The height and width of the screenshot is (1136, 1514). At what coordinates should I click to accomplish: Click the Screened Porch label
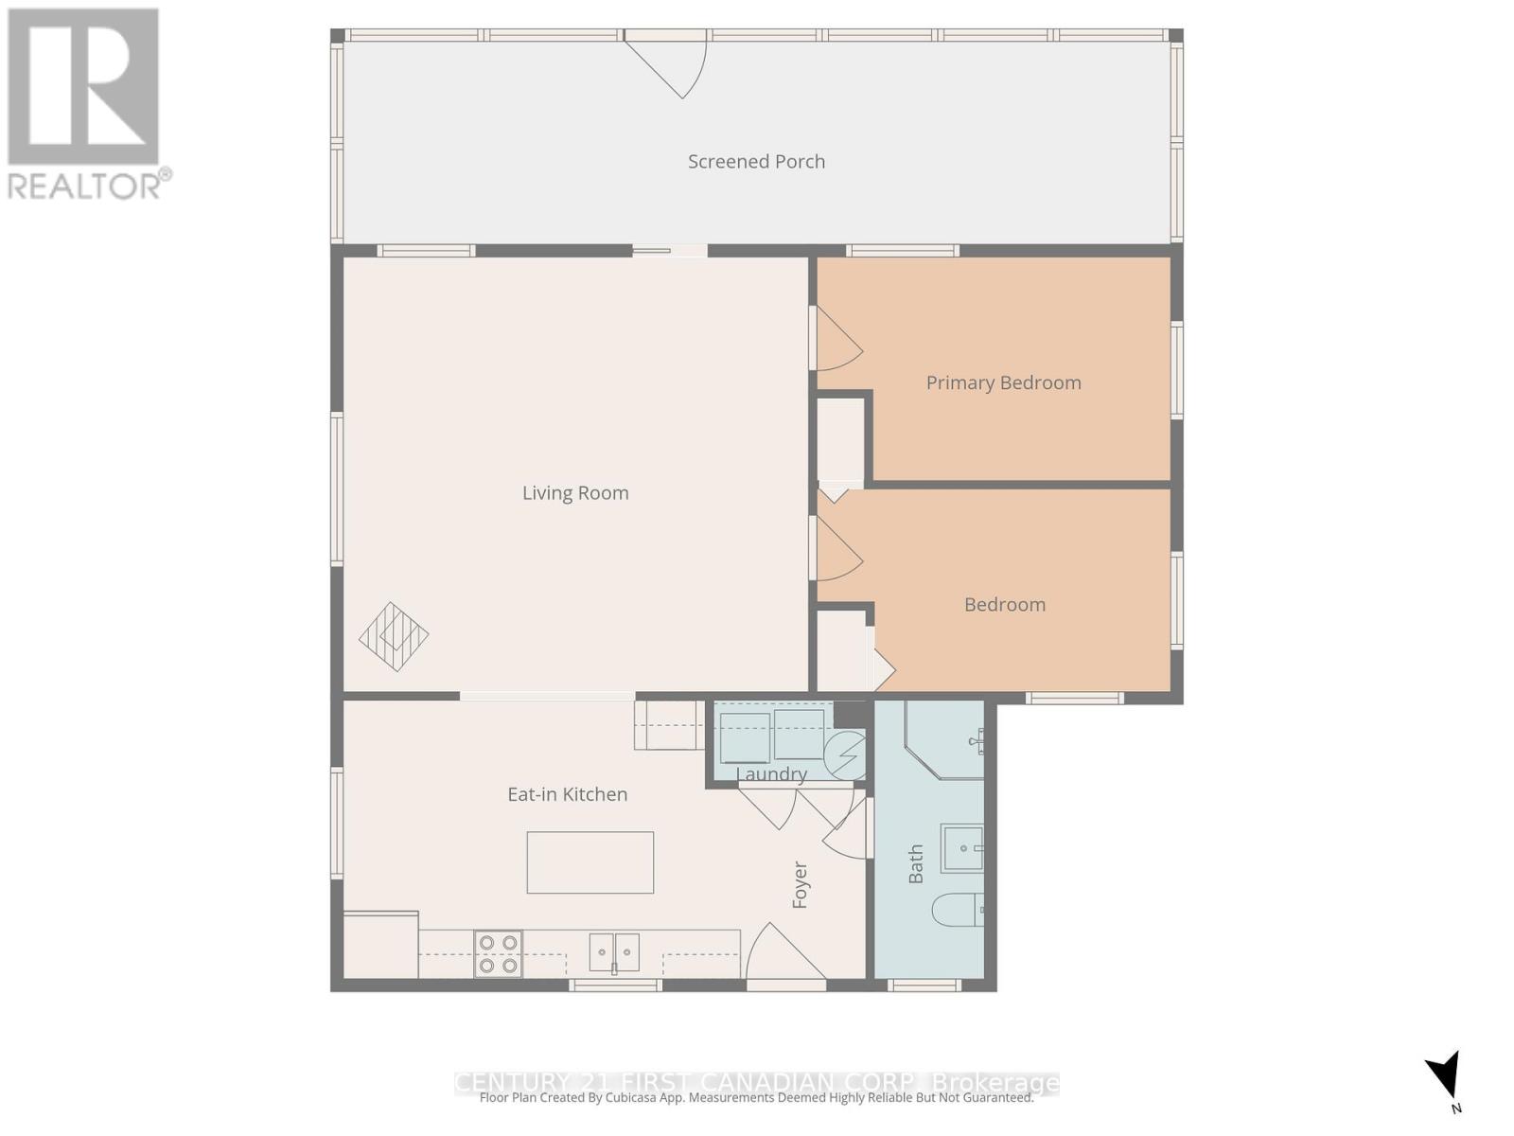[756, 162]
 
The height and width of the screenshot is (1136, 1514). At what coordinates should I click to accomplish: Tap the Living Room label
[575, 493]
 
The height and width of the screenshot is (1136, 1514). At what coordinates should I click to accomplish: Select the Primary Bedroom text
[1003, 383]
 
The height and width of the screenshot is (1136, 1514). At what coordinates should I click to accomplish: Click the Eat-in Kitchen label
[567, 795]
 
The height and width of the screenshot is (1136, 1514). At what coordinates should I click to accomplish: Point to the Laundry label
[771, 774]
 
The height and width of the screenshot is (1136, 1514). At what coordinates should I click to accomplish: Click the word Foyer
[801, 885]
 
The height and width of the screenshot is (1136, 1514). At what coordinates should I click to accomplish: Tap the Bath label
[916, 864]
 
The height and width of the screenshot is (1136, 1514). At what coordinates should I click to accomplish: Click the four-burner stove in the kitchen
[498, 953]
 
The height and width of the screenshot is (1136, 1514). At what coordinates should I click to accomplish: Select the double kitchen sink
[614, 952]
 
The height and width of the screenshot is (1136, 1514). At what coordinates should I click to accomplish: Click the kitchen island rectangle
[590, 862]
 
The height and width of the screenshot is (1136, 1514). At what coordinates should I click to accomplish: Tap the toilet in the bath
[957, 911]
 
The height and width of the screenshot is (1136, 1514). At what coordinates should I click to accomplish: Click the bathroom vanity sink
[961, 848]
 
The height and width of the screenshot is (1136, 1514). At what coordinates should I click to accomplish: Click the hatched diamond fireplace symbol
[394, 637]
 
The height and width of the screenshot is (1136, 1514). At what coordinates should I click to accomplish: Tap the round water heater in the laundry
[844, 754]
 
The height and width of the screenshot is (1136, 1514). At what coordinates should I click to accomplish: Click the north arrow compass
[1445, 1077]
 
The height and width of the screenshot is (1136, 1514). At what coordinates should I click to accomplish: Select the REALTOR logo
[85, 102]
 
